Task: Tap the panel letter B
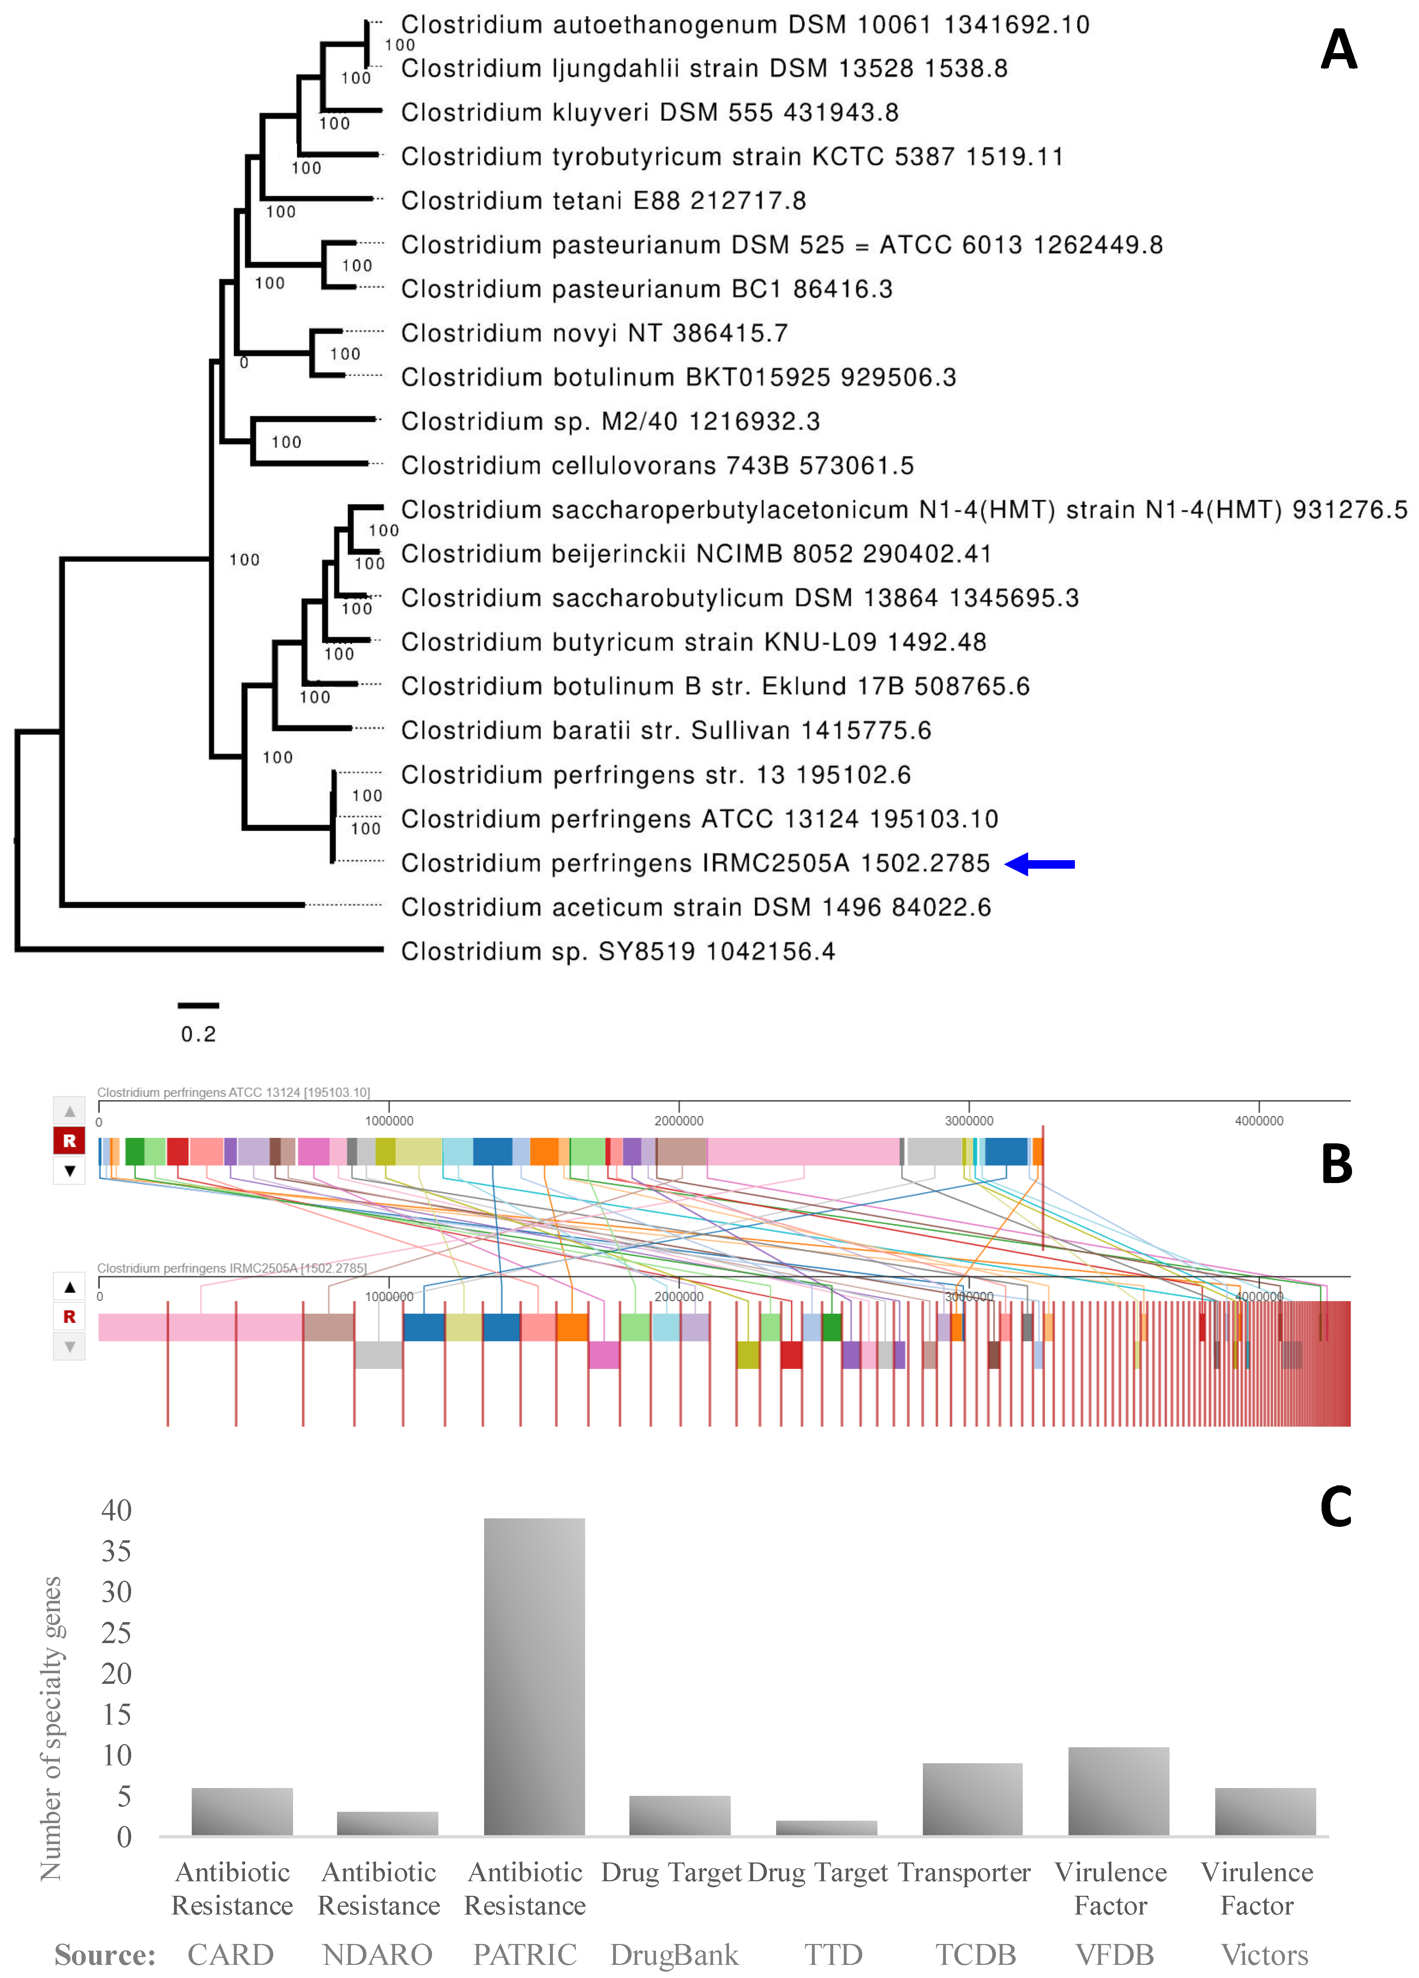tap(1336, 1164)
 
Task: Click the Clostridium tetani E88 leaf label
tap(603, 201)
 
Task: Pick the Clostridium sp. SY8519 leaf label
tap(617, 952)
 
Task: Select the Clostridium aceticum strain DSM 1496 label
tap(695, 908)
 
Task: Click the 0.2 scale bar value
tap(198, 1034)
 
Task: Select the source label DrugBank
tap(674, 1955)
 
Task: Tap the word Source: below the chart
tap(105, 1955)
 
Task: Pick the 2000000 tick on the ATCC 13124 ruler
tap(679, 1121)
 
